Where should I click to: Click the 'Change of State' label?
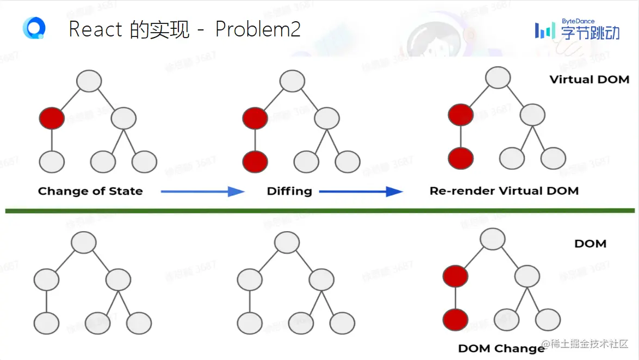[x=90, y=191]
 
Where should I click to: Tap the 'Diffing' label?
[x=289, y=191]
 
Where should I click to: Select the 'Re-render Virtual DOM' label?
[x=504, y=191]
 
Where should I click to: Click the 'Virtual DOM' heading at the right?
[x=589, y=80]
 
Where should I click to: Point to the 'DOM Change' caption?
[x=501, y=349]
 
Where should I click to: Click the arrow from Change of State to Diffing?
[x=202, y=191]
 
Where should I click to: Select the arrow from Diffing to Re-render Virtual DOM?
[x=360, y=191]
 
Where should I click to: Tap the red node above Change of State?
[x=52, y=118]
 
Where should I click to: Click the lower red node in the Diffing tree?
[x=255, y=162]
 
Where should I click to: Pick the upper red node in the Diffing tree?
[x=255, y=118]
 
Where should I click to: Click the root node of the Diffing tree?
[x=292, y=82]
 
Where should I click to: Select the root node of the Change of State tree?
[x=89, y=82]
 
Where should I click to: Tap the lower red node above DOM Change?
[x=455, y=319]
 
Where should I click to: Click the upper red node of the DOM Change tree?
[x=455, y=276]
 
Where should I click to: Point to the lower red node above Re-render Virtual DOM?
[x=461, y=158]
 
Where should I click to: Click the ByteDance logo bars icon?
[x=545, y=30]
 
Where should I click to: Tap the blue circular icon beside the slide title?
[x=34, y=28]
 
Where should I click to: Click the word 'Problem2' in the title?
[x=258, y=29]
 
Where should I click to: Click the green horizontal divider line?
[x=320, y=210]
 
